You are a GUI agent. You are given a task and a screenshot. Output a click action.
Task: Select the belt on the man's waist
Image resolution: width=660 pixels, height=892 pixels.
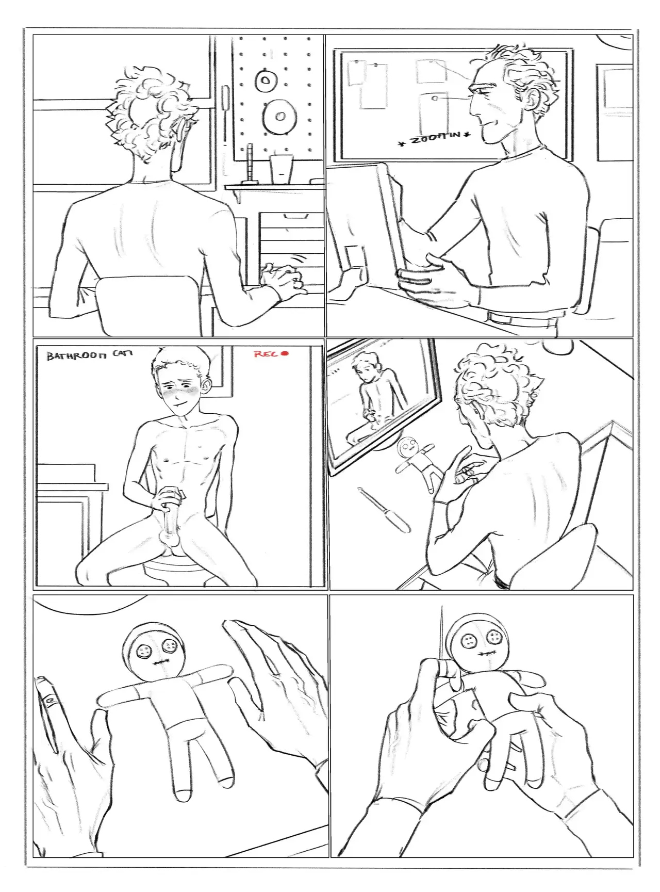(x=521, y=316)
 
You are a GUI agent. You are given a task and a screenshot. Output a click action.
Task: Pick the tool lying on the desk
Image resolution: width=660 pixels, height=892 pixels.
(x=384, y=510)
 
